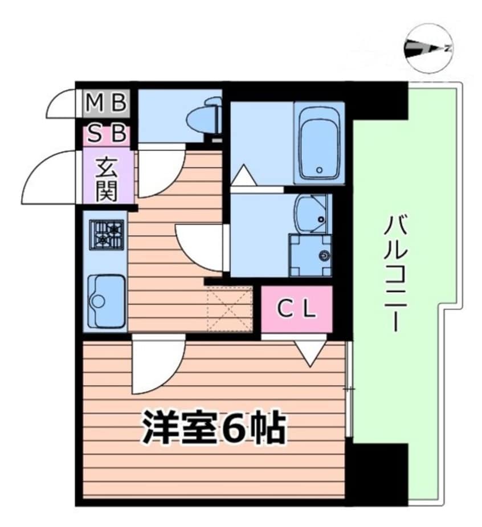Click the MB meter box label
tap(106, 103)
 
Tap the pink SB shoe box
tap(107, 135)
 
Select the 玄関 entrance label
tap(107, 179)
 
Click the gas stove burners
tap(107, 234)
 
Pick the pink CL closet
tap(297, 309)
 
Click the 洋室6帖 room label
tap(213, 429)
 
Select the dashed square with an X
tap(229, 309)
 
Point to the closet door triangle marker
tap(311, 353)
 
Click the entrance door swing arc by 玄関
tap(51, 177)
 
